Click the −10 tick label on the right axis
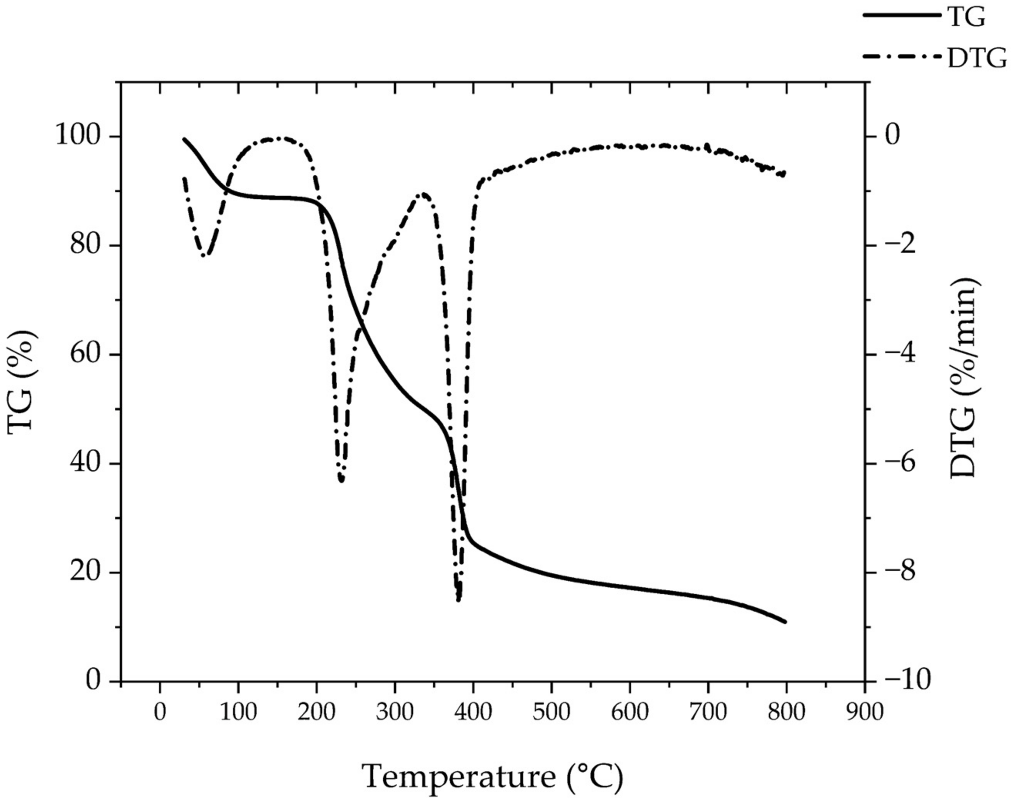(x=907, y=681)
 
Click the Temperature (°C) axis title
(x=492, y=777)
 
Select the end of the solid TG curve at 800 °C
(x=785, y=622)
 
